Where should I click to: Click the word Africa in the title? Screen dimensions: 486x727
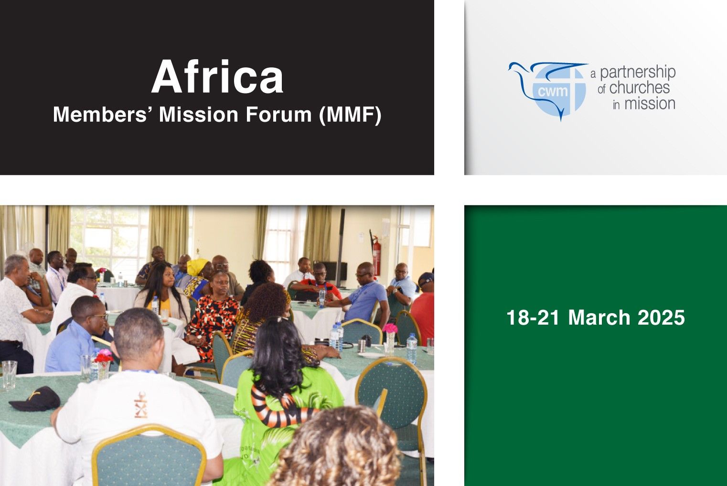tap(217, 77)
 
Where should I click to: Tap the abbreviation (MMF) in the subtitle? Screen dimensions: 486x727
tap(350, 115)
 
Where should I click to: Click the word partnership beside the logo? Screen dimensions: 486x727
tap(637, 73)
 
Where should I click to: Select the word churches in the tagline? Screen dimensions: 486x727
tap(639, 88)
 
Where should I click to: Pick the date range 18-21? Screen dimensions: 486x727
tap(533, 318)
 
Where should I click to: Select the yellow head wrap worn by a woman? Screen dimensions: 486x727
tap(197, 266)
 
